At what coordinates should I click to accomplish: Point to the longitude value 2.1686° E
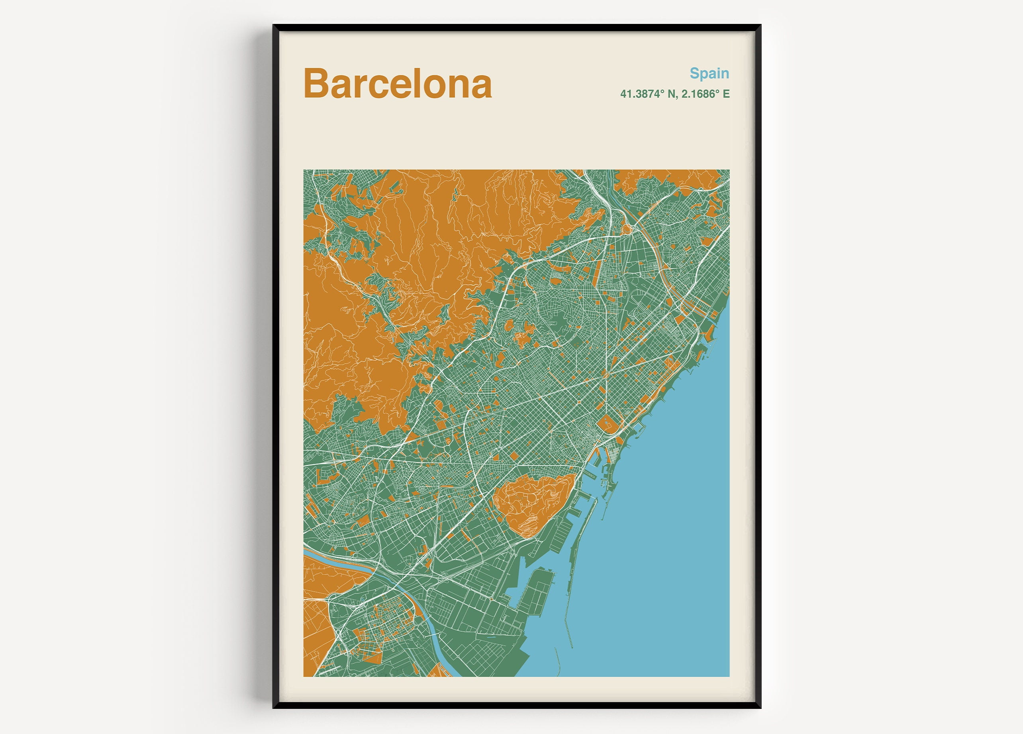[x=706, y=94]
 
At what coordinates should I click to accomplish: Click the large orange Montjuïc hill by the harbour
[x=532, y=502]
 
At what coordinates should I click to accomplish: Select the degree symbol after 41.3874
[x=662, y=91]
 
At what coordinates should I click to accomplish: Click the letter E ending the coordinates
[x=726, y=94]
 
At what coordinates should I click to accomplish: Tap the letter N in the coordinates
[x=671, y=94]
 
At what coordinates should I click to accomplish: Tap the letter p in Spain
[x=705, y=75]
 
